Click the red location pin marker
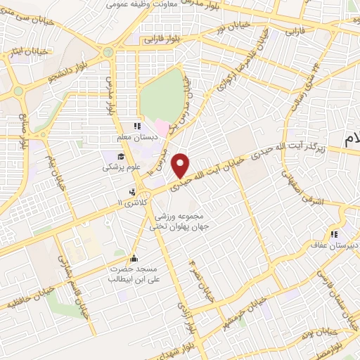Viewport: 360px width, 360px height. coord(181,165)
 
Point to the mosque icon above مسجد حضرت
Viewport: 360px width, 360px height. coord(134,257)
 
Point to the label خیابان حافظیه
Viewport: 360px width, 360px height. coord(26,301)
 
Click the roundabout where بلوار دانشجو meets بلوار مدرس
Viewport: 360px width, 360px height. coord(108,52)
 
